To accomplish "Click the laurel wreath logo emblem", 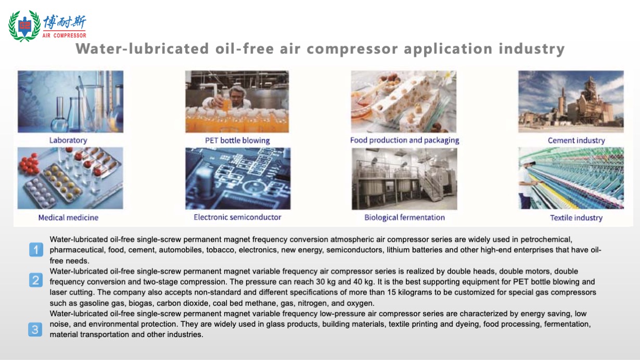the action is click(24, 25).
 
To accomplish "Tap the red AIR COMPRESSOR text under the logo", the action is click(65, 35).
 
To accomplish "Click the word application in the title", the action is click(448, 49).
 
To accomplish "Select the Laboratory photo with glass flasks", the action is click(71, 101).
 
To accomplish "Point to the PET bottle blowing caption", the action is click(237, 140).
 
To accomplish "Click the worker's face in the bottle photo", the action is click(236, 96).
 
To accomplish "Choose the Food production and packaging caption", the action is click(405, 140).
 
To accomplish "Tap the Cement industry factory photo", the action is click(571, 101).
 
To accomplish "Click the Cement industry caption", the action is click(577, 140).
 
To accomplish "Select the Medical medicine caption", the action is click(68, 217).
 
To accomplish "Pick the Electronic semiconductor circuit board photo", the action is click(238, 178).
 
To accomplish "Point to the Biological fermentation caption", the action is click(405, 217).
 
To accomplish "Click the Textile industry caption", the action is click(577, 218).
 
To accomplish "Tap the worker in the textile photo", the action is click(526, 183).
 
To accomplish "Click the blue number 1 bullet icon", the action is click(36, 250).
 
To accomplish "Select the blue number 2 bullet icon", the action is click(36, 280).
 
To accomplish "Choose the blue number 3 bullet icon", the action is click(35, 330).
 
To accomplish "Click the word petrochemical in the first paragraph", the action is click(546, 240).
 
